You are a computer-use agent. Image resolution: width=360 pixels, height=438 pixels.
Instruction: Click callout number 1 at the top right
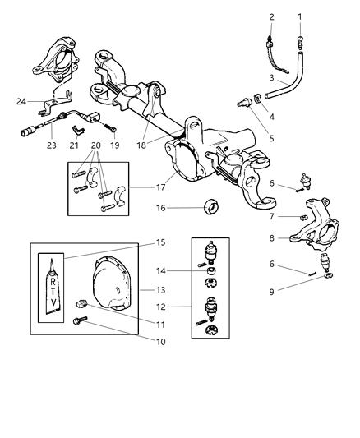point(300,16)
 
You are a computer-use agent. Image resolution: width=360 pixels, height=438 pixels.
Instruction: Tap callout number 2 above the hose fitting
point(271,16)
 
